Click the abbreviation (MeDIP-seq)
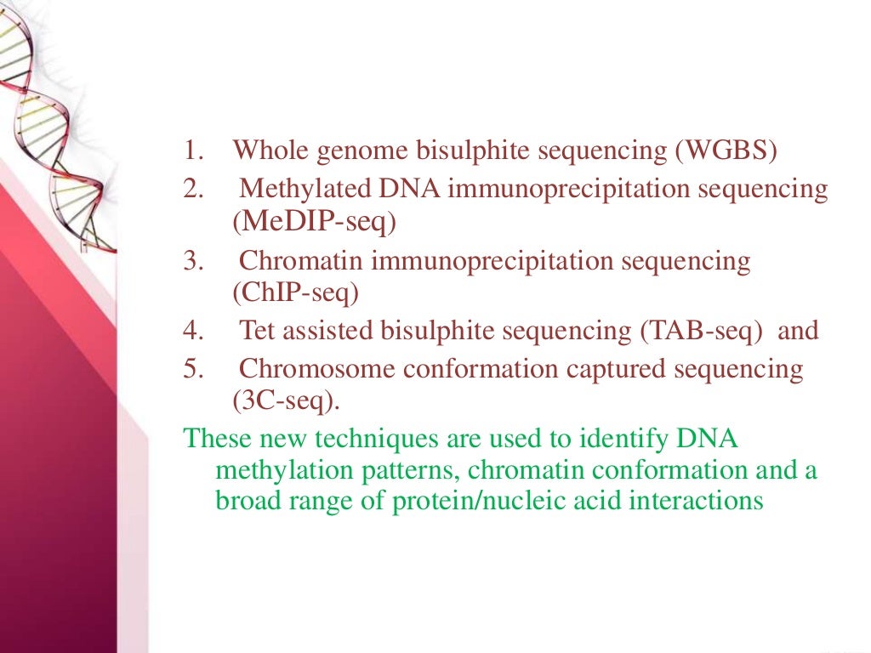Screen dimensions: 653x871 pos(314,222)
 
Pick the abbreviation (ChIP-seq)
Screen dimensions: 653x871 pos(296,293)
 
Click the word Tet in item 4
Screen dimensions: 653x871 pos(255,331)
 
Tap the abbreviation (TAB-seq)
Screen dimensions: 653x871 pos(701,331)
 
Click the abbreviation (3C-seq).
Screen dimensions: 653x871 pos(286,400)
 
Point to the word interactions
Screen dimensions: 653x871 pos(696,501)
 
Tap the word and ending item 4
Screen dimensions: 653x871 pos(798,331)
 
